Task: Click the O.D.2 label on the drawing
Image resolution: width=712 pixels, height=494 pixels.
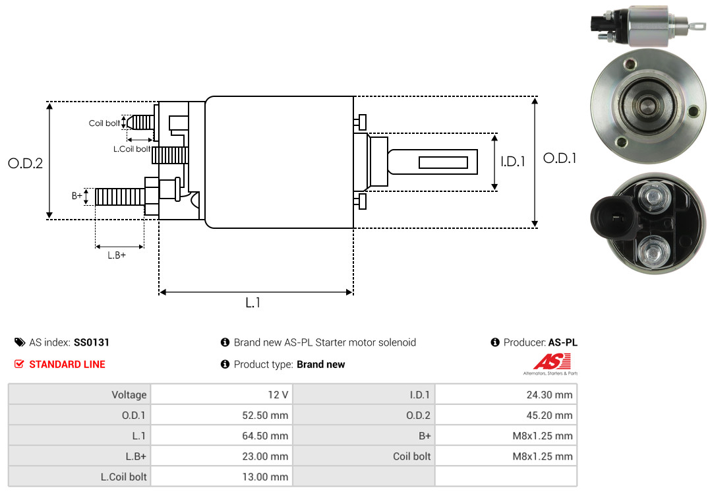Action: [x=26, y=163]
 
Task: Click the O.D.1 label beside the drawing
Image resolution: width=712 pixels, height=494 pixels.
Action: [x=560, y=158]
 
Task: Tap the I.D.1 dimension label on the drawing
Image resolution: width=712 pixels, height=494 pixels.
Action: [x=513, y=162]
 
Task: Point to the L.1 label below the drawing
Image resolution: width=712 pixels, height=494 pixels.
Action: [x=253, y=303]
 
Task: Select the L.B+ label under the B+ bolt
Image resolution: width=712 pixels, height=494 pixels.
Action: [x=117, y=255]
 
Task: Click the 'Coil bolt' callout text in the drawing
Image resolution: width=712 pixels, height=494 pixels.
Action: [x=104, y=123]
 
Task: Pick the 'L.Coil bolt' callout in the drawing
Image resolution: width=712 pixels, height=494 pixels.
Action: [x=132, y=148]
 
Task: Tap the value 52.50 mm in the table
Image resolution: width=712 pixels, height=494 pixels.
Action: [x=265, y=416]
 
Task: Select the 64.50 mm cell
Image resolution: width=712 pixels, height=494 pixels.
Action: [x=265, y=436]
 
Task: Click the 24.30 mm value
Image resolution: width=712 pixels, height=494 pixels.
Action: [x=549, y=395]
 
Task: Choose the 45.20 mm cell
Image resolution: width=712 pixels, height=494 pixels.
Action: [x=549, y=416]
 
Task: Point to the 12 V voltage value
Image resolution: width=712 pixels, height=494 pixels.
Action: [x=278, y=395]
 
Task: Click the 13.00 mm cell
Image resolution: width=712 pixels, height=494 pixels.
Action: [x=265, y=477]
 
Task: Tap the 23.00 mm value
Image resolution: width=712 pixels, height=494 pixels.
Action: [x=265, y=456]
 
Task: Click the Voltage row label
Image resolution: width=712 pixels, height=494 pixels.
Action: [x=129, y=395]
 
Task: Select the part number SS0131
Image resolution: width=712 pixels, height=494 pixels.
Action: [x=91, y=342]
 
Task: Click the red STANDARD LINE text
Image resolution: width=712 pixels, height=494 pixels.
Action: [x=67, y=365]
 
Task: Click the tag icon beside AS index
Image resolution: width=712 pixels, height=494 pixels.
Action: [x=20, y=342]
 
